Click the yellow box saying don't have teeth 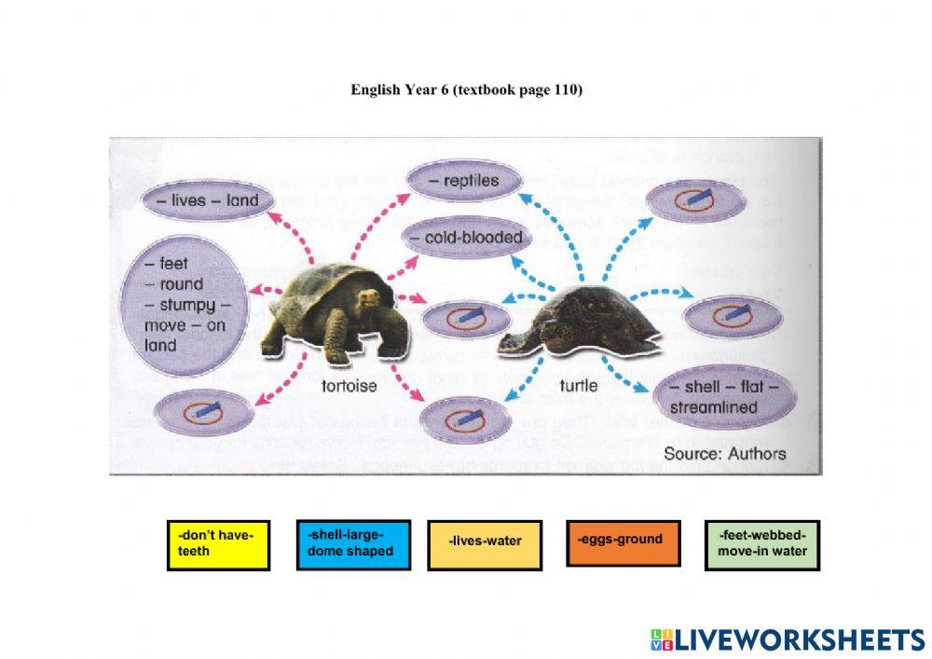(218, 545)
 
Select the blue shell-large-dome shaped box (353, 544)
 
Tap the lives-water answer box (485, 543)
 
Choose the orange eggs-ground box (623, 542)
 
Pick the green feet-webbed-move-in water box (762, 544)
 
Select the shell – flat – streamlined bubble (733, 397)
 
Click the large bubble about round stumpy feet (184, 305)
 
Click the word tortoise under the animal (349, 386)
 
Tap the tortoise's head (371, 297)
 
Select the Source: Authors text (724, 454)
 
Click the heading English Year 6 (466, 90)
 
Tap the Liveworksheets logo (787, 639)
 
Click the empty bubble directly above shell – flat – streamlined (733, 317)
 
